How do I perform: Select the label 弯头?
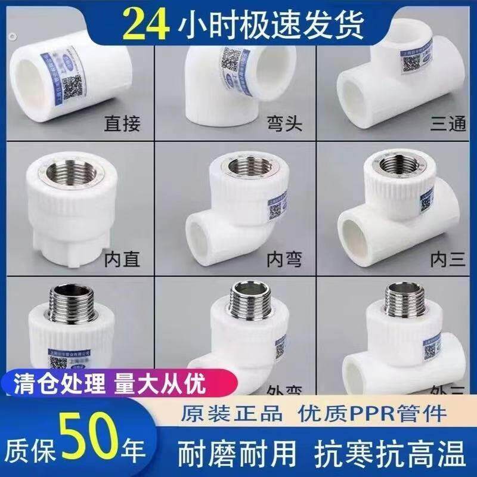(x=283, y=125)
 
